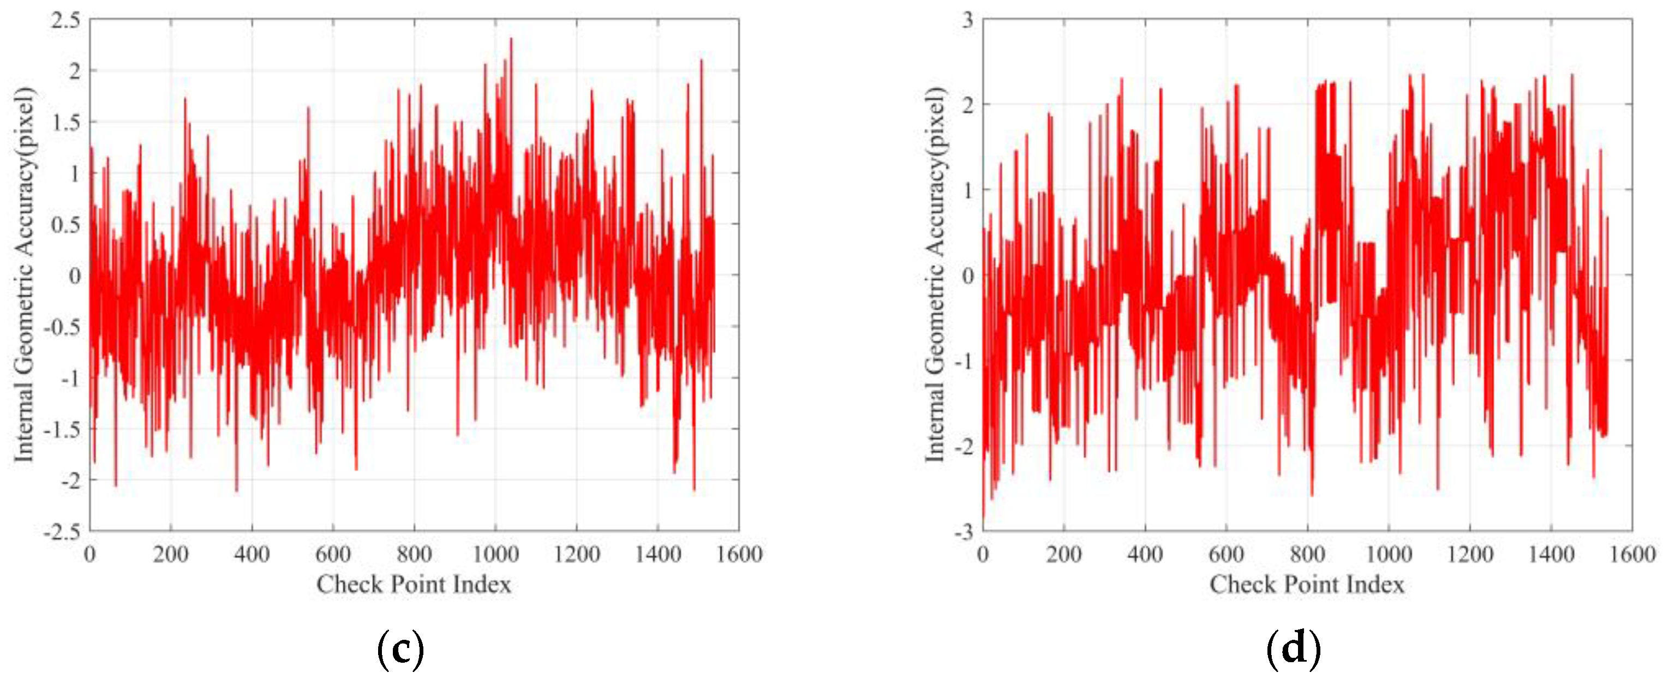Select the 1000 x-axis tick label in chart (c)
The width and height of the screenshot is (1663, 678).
495,554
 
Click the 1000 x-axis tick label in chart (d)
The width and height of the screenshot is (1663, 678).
1388,554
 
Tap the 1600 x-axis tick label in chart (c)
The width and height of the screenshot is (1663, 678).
739,554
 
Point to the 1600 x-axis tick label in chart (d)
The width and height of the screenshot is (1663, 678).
1631,554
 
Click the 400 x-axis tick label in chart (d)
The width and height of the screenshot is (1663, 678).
1145,554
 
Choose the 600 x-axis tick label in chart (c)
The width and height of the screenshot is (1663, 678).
332,554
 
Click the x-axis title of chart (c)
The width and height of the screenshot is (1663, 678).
414,585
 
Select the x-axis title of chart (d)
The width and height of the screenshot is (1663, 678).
1307,585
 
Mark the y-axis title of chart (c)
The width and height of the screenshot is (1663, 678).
24,274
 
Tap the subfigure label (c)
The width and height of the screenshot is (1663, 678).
400,649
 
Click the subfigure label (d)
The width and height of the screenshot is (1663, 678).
1294,649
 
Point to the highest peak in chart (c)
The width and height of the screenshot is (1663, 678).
511,39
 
